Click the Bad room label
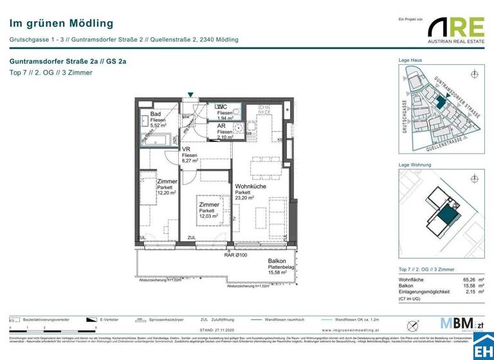[156, 114]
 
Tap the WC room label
[222, 107]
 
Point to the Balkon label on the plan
[277, 261]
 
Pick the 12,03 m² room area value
[208, 217]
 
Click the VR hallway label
[186, 149]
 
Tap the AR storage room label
[221, 125]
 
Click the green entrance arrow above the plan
[190, 95]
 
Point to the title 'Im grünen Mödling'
[61, 24]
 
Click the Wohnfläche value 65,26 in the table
[465, 280]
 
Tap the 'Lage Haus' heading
[410, 60]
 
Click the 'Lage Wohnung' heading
[414, 166]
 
